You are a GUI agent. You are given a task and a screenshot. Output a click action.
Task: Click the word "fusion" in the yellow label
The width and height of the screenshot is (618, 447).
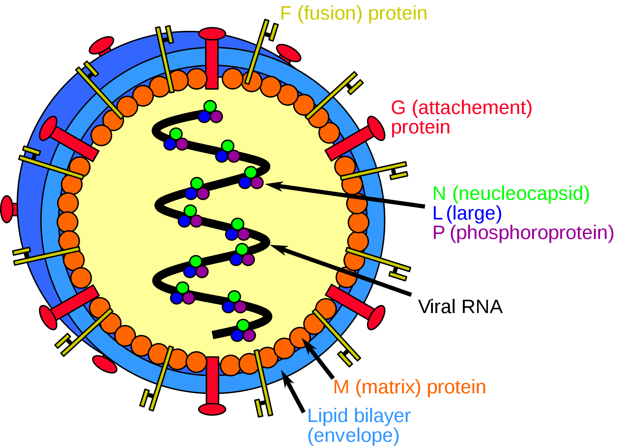(329, 14)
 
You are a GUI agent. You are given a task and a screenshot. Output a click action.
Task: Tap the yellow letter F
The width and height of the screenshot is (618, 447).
(286, 14)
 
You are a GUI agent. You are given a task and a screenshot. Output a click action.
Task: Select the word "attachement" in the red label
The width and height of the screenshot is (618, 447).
(472, 108)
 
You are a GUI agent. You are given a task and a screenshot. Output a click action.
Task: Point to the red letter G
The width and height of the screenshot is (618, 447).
(398, 108)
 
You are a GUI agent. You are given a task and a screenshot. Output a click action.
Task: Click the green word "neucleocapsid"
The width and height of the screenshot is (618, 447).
(521, 194)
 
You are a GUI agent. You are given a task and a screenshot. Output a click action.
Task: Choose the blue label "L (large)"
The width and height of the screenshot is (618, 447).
(467, 213)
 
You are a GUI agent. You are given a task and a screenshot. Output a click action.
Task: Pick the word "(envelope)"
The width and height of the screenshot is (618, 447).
(353, 436)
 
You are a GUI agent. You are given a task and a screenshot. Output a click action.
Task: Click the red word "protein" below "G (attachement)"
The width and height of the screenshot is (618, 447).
(421, 127)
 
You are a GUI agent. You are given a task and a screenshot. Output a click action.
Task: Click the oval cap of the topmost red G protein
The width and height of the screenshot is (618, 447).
(212, 34)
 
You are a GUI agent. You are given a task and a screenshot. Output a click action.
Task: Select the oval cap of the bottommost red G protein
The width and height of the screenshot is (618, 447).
(212, 409)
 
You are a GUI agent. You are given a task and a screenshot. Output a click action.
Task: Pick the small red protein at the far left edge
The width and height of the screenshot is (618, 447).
(7, 209)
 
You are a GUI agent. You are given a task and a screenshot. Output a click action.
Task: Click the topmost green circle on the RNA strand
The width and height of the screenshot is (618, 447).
(210, 106)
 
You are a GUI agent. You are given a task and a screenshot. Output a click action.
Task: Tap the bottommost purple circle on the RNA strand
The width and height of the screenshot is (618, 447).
(249, 335)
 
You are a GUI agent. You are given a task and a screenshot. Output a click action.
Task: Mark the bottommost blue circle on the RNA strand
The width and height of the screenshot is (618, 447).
(237, 336)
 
